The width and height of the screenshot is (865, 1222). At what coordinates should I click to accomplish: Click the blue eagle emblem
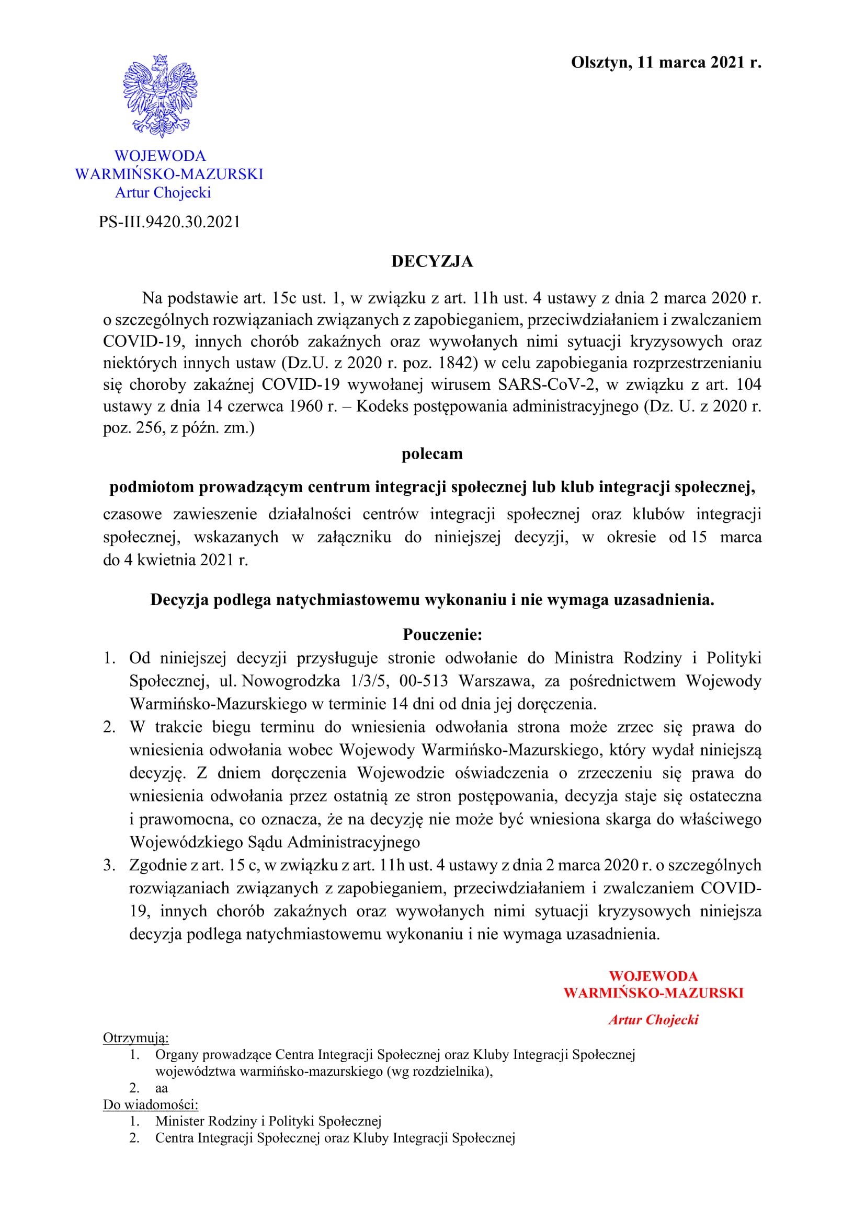(160, 96)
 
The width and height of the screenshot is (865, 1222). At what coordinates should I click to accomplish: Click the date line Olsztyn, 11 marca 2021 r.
(666, 63)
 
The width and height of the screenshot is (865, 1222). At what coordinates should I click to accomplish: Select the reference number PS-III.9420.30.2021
(169, 222)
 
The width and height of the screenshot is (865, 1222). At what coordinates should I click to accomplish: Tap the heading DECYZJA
(432, 261)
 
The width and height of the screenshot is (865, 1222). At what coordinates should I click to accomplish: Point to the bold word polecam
(432, 454)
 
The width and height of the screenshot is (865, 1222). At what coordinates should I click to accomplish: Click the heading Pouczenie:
(442, 634)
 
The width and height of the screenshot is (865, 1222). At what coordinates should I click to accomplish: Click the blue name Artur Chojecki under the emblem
(163, 193)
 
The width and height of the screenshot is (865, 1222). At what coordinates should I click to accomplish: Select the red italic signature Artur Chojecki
(654, 1020)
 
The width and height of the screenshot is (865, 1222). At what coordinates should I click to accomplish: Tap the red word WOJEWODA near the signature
(654, 976)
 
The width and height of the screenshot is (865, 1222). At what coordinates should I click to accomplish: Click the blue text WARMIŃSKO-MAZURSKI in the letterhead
(169, 174)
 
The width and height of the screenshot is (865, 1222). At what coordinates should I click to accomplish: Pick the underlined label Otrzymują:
(136, 1038)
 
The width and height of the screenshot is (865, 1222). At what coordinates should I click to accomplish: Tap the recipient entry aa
(162, 1088)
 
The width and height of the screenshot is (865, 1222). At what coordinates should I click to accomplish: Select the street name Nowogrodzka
(291, 681)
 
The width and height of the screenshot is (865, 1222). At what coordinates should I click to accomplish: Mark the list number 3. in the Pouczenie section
(109, 865)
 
